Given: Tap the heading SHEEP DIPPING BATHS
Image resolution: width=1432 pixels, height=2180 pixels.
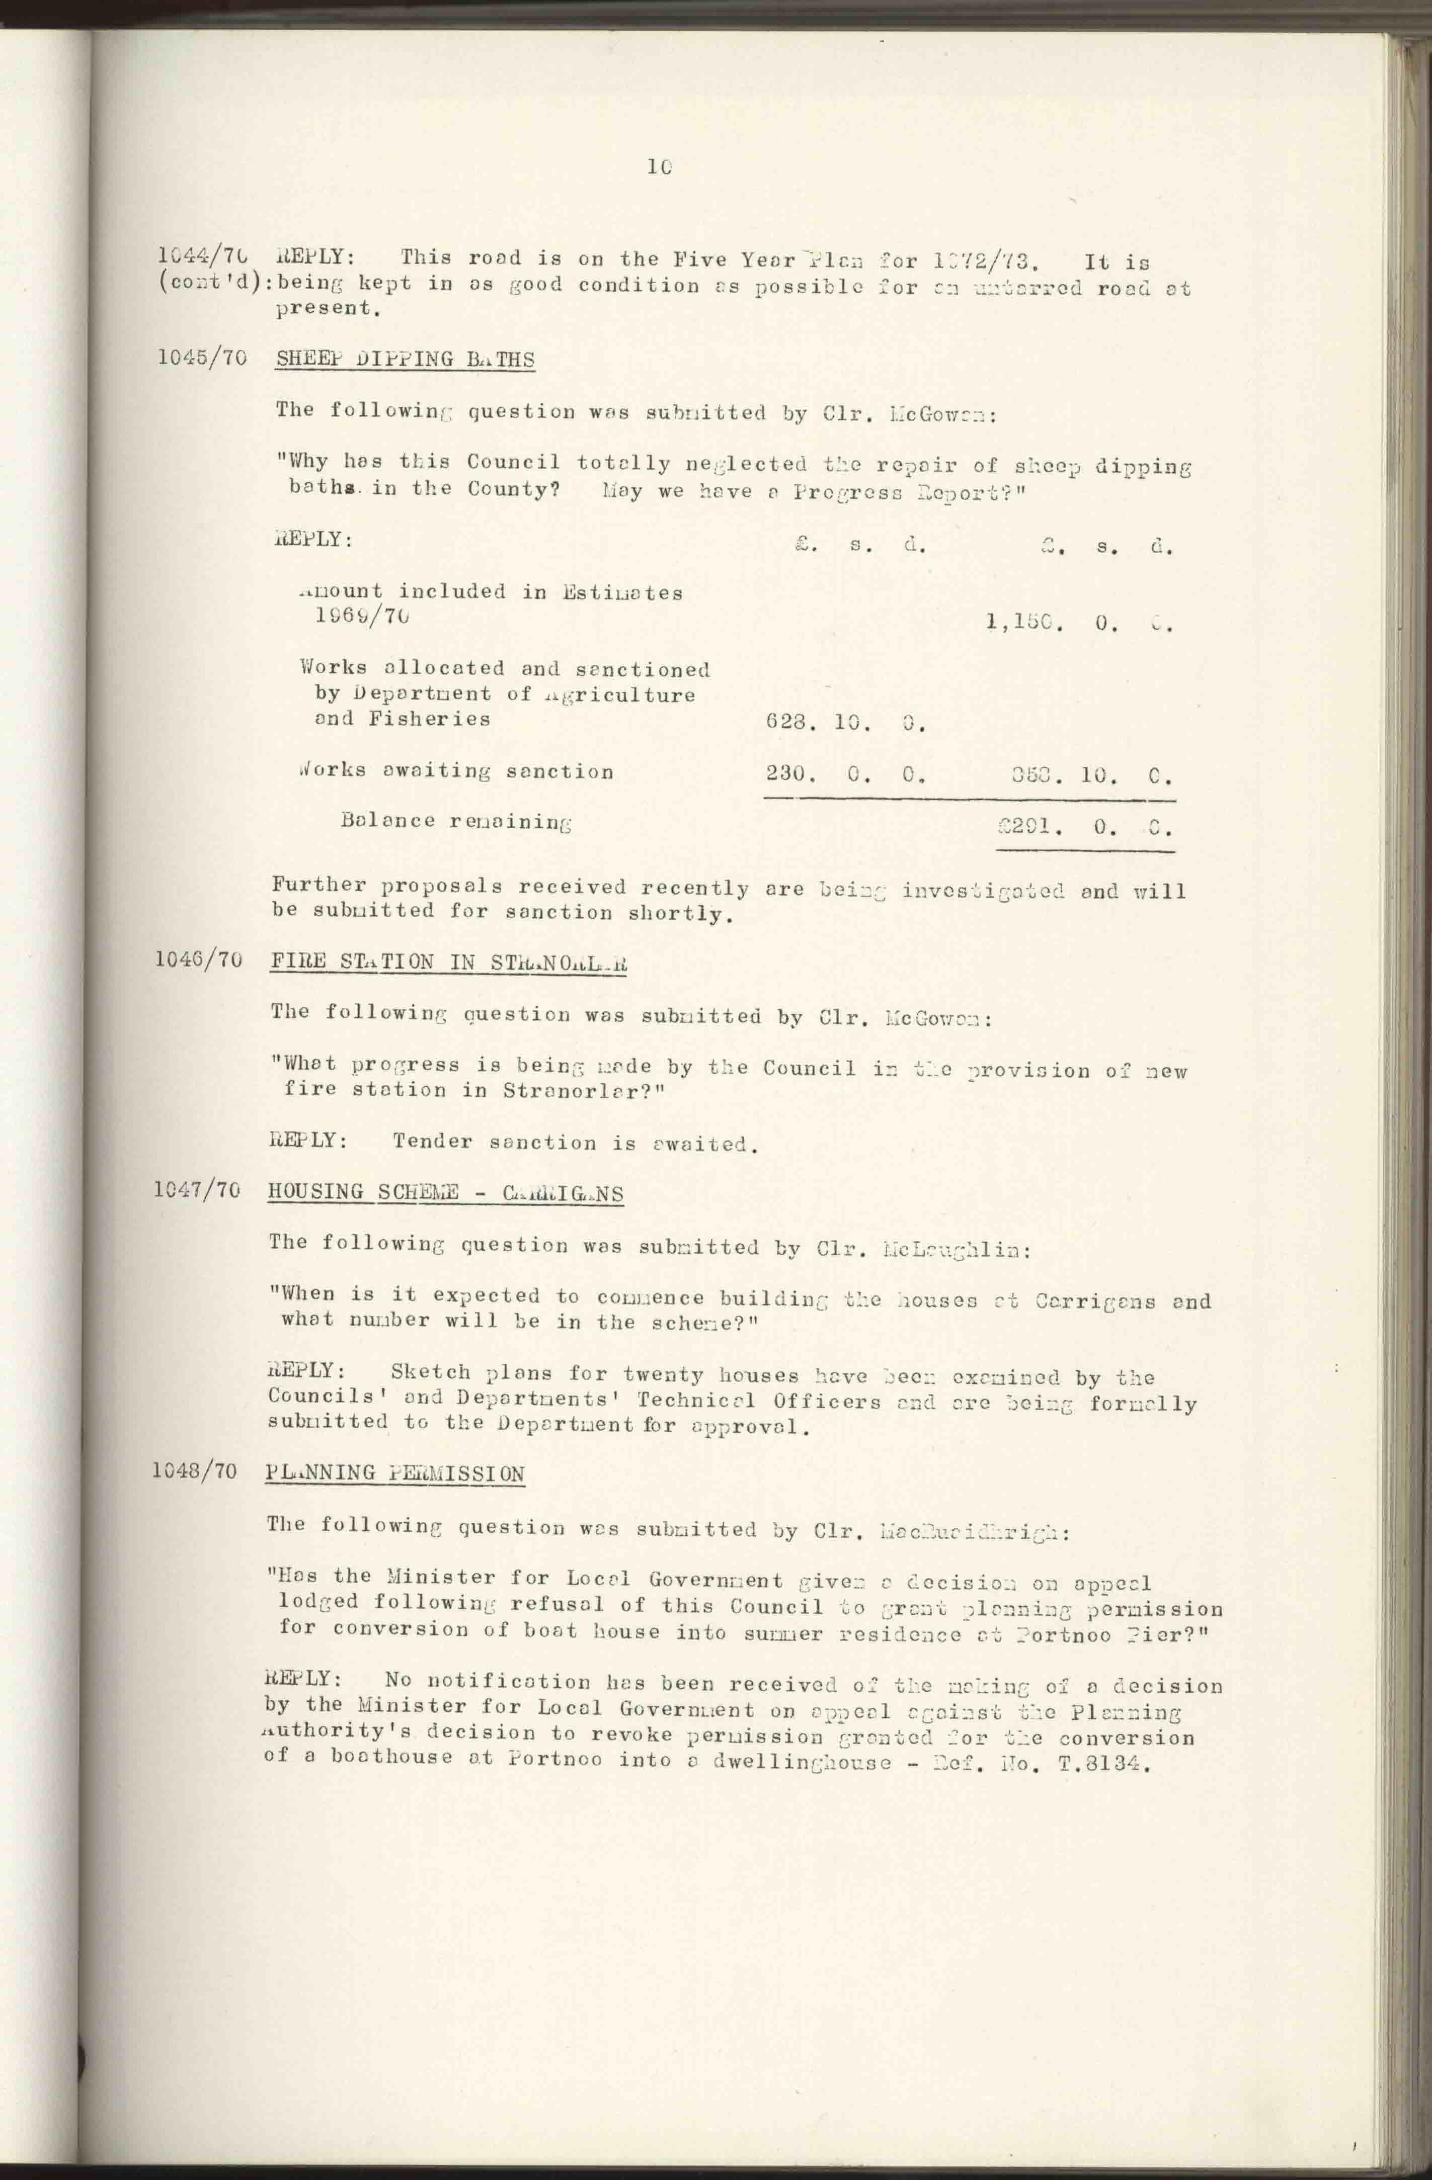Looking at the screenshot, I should (405, 359).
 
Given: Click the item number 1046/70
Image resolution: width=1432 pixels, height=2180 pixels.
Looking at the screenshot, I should (199, 961).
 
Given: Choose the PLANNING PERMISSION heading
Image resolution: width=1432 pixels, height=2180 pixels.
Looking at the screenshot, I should (396, 1474).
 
